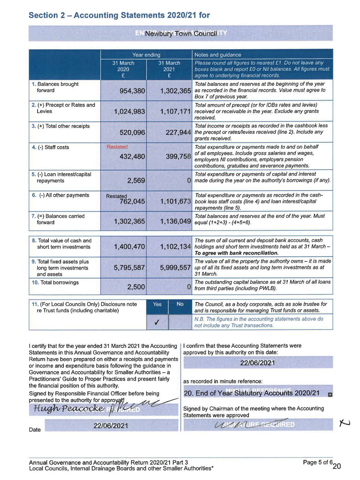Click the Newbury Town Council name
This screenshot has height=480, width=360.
[x=181, y=34]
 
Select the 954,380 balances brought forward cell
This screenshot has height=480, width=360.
[x=132, y=91]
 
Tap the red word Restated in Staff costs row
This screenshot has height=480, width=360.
[x=117, y=147]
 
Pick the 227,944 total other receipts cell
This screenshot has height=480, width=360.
[x=178, y=132]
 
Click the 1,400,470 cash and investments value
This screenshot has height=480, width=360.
[x=129, y=247]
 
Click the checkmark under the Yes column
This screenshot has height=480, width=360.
[x=157, y=322]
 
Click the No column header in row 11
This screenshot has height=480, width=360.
[x=180, y=304]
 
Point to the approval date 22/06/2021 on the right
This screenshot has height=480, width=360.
[x=257, y=363]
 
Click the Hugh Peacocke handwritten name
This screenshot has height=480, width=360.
[x=69, y=408]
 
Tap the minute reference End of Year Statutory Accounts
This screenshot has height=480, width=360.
[x=252, y=393]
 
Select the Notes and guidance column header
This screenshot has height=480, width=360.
[x=218, y=55]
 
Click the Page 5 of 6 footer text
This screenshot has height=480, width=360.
[x=317, y=462]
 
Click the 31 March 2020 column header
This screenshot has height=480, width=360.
[x=123, y=69]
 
